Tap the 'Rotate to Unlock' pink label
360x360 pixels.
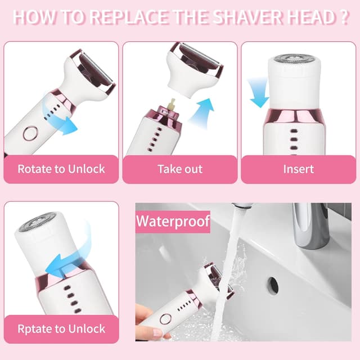coord(61,169)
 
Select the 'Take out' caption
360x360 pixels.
coord(180,169)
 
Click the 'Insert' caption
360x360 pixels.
coord(298,169)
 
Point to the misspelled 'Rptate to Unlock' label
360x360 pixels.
coord(61,328)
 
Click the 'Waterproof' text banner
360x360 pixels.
coord(173,220)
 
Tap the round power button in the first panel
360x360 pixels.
coord(30,133)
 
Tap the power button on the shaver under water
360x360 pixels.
coord(165,319)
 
